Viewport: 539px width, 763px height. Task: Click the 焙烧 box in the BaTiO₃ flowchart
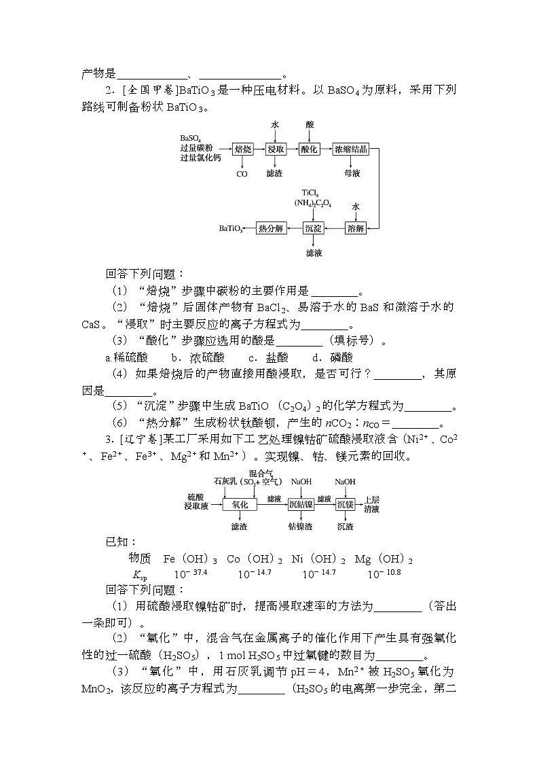(x=242, y=149)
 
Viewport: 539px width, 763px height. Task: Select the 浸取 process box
(x=275, y=149)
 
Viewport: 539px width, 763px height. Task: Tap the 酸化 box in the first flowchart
(x=310, y=149)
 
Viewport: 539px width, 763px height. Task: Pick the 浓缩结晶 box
(x=350, y=149)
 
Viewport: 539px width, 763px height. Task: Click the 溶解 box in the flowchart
(x=356, y=228)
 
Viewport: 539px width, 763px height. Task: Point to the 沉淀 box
(x=313, y=228)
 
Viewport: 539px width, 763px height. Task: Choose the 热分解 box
(x=272, y=228)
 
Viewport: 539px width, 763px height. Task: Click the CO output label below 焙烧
(x=242, y=174)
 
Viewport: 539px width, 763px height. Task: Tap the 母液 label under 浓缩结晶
(x=351, y=174)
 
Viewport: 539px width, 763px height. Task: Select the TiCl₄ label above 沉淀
(x=311, y=193)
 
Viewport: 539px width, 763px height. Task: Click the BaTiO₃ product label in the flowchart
(x=231, y=229)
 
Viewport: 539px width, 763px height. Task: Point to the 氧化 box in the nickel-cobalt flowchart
(x=240, y=504)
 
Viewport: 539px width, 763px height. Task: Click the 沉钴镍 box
(x=301, y=504)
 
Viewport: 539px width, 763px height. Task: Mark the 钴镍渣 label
(x=301, y=526)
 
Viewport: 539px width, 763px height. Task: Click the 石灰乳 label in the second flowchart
(x=225, y=481)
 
